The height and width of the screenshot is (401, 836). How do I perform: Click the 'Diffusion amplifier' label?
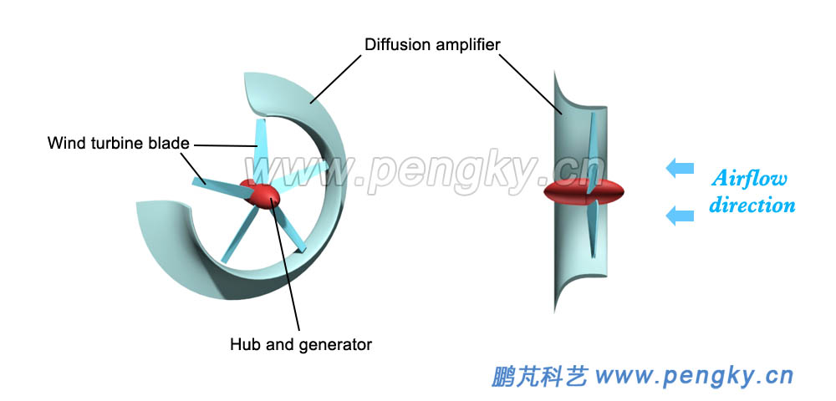pos(432,43)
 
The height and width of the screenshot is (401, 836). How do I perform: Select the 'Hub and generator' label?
pos(300,343)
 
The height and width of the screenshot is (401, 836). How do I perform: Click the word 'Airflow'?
pos(750,178)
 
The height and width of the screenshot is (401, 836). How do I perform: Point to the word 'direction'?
pos(752,205)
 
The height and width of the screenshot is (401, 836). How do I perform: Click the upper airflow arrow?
pos(681,169)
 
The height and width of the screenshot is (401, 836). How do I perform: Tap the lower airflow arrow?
pos(681,216)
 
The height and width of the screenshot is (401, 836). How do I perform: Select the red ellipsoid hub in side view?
pos(584,193)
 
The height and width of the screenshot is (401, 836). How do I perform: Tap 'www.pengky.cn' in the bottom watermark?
pos(694,377)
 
